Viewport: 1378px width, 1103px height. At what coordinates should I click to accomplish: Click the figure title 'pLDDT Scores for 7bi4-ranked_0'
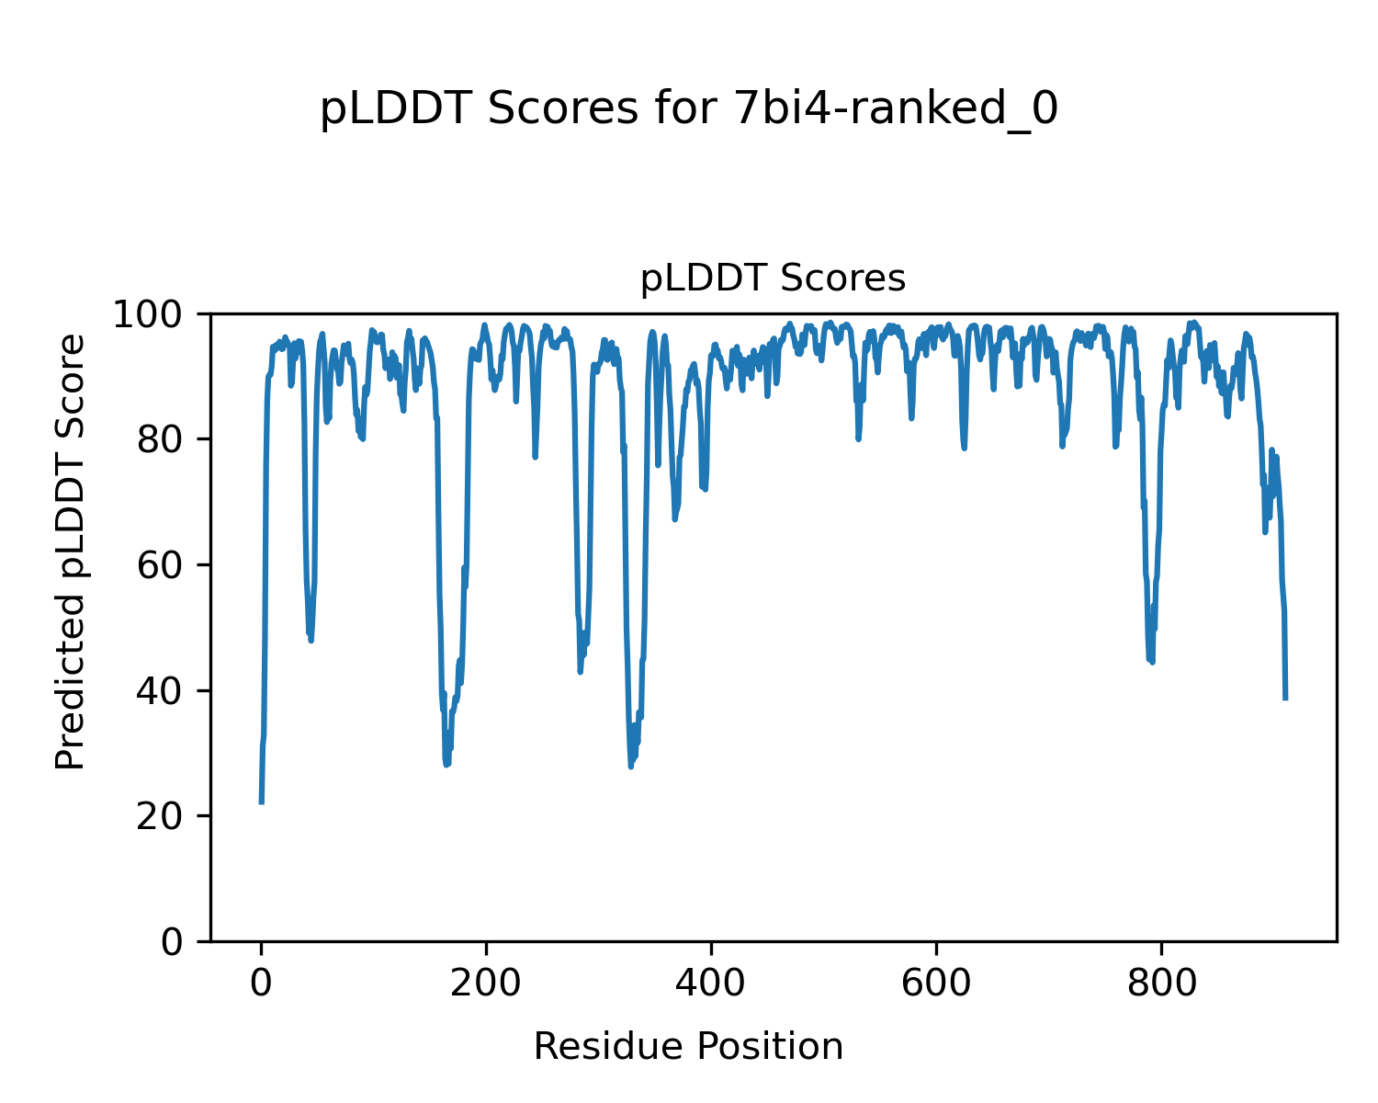(x=689, y=110)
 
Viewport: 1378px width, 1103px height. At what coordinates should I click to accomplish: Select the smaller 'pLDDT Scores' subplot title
(x=773, y=279)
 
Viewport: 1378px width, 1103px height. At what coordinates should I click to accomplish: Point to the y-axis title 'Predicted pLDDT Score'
(x=71, y=551)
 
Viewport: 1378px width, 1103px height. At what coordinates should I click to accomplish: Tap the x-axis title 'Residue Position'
(x=688, y=1047)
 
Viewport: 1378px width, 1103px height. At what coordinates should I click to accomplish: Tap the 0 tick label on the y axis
(x=172, y=942)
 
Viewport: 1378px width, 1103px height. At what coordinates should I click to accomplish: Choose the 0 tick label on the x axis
(x=262, y=984)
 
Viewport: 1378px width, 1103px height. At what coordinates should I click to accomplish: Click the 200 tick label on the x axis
(x=486, y=984)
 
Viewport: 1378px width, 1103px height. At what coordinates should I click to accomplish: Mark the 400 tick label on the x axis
(x=711, y=984)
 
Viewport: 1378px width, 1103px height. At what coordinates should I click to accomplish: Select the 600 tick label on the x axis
(x=936, y=984)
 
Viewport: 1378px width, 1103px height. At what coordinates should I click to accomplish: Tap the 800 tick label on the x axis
(x=1161, y=984)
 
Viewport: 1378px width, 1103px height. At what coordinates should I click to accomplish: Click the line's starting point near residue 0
(x=262, y=802)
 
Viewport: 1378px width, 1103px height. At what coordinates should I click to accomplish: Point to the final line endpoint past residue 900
(x=1285, y=699)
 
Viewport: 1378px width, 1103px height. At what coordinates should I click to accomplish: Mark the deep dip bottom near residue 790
(x=1151, y=661)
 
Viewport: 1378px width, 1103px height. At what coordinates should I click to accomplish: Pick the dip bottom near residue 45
(x=311, y=640)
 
